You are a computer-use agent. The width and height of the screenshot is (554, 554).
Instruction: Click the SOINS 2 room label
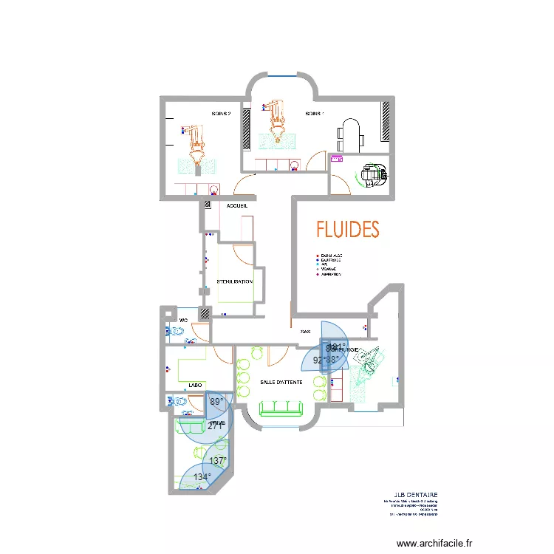[x=221, y=114]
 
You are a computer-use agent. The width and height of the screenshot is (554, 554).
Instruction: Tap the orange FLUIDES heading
[x=347, y=230]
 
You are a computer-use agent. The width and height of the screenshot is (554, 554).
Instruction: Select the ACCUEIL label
[x=237, y=206]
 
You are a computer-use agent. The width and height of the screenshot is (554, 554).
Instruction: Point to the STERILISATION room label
[x=235, y=281]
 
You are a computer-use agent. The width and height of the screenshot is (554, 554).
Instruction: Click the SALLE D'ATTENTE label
[x=281, y=382]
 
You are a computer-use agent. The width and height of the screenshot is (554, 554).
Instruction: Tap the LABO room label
[x=196, y=386]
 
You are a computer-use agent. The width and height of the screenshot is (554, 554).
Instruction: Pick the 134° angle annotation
[x=201, y=477]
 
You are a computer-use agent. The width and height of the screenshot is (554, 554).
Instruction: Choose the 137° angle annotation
[x=216, y=461]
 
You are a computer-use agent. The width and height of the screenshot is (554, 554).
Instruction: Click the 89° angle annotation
[x=216, y=402]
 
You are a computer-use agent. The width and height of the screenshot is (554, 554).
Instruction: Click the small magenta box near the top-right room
[x=338, y=159]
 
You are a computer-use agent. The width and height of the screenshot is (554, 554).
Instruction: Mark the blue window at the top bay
[x=281, y=75]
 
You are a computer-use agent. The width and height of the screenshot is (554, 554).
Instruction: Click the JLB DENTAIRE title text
[x=417, y=496]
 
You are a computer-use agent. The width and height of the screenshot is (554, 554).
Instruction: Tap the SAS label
[x=304, y=332]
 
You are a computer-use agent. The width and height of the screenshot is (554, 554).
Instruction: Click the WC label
[x=184, y=320]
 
